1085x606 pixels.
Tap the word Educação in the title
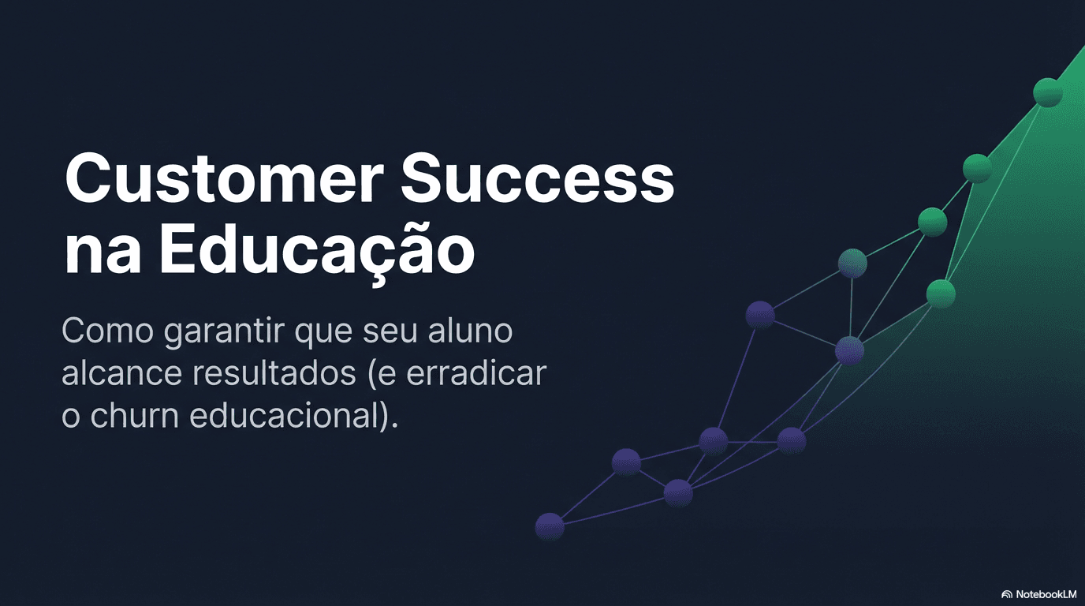coord(316,251)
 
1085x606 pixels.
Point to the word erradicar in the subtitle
coord(476,373)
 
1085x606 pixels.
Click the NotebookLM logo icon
coord(1006,594)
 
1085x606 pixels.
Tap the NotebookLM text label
coord(1046,594)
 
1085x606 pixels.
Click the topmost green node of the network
coord(1048,92)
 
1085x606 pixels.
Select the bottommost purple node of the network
coord(550,526)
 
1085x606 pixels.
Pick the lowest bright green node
coord(941,294)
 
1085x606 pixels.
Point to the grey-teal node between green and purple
coord(852,263)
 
